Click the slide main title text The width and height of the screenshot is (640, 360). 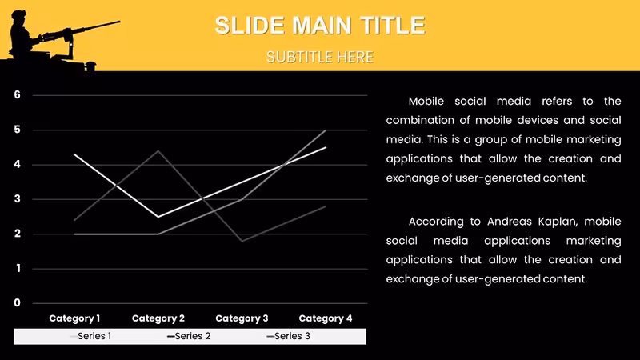[x=320, y=26]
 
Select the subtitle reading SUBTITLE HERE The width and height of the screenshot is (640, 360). [x=320, y=57]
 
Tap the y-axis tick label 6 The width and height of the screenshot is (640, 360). [x=17, y=94]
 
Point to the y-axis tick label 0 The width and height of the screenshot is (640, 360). [x=17, y=303]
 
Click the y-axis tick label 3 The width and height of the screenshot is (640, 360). [x=17, y=198]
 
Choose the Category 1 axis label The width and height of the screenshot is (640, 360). [x=74, y=318]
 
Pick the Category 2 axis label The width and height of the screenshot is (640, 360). [x=158, y=318]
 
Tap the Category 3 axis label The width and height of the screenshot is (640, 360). [x=242, y=318]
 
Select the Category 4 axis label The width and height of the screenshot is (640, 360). [x=326, y=318]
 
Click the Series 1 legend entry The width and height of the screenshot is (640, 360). [x=90, y=336]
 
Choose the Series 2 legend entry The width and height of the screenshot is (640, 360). [x=189, y=336]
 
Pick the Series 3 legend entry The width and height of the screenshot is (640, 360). [x=289, y=336]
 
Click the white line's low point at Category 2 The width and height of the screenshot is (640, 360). [x=158, y=217]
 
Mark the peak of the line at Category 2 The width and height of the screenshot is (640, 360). [x=158, y=151]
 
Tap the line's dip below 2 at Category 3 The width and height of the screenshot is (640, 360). [x=242, y=241]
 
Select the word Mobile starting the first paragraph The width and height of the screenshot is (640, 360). [x=426, y=102]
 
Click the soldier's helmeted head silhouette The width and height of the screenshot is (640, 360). [x=18, y=16]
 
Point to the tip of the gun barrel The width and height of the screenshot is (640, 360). [x=119, y=22]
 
